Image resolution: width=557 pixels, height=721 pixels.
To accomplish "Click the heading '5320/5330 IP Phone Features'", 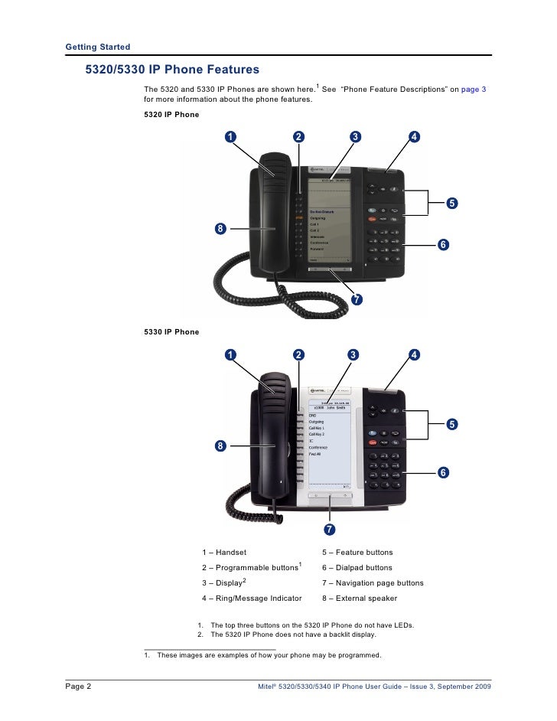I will coord(172,70).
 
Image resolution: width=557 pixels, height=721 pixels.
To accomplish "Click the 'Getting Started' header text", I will coord(98,47).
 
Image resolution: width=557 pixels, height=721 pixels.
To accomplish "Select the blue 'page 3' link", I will coord(473,90).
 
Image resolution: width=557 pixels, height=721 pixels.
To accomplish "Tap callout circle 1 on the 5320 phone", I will coord(230,137).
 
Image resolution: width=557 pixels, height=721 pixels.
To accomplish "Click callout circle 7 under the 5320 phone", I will coord(355,299).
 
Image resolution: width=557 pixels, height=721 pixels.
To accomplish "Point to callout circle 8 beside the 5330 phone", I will coord(220,445).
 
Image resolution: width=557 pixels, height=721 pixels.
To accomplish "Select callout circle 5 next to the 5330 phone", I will coord(452,423).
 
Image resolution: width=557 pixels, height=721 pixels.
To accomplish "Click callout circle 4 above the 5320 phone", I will coord(413,137).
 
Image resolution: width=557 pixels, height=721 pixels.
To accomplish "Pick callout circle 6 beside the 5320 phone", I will coord(442,244).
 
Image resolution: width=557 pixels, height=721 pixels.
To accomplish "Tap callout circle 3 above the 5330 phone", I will coord(353,354).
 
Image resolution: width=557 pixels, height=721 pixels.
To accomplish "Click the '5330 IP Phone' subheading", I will coord(171,332).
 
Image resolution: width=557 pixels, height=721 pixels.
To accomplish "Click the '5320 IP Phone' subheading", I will coord(171,115).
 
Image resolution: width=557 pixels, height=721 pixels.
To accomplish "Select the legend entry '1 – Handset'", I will coord(224,552).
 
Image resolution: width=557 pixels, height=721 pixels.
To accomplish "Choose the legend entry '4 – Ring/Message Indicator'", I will coord(252,598).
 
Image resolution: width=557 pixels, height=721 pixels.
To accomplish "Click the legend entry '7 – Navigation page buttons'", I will coord(373,582).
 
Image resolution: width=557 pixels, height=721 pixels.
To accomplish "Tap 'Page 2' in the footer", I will coord(78,687).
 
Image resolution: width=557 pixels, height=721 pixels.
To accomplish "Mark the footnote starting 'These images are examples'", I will coord(262,655).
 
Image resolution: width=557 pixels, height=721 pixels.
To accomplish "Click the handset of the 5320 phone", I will coord(274,214).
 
